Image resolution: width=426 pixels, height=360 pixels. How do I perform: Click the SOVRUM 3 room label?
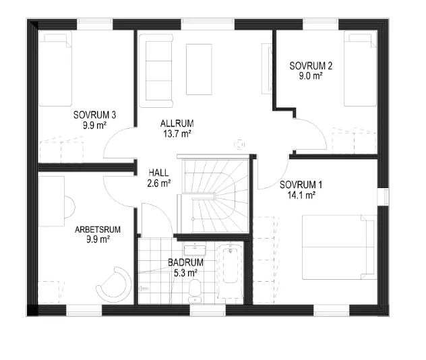pyautogui.click(x=94, y=115)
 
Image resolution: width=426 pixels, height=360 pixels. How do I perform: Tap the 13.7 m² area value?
pyautogui.click(x=177, y=133)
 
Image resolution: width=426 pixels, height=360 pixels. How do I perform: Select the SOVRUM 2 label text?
pyautogui.click(x=311, y=66)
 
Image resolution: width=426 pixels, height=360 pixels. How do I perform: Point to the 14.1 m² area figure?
pyautogui.click(x=301, y=195)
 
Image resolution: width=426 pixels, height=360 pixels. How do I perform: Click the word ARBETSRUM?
pyautogui.click(x=98, y=230)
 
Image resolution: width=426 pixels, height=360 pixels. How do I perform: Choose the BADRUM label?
pyautogui.click(x=185, y=262)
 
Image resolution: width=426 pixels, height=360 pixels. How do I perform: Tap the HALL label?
pyautogui.click(x=158, y=173)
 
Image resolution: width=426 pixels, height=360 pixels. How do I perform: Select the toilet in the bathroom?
pyautogui.click(x=195, y=291)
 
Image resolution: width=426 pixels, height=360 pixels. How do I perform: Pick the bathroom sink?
pyautogui.click(x=195, y=250)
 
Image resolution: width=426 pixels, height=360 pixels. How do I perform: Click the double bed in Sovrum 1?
pyautogui.click(x=339, y=247)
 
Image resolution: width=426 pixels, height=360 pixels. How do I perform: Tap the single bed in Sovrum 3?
pyautogui.click(x=55, y=69)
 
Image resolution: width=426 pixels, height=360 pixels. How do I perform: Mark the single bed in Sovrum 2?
pyautogui.click(x=360, y=69)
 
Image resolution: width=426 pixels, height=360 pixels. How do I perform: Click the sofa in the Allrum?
pyautogui.click(x=156, y=71)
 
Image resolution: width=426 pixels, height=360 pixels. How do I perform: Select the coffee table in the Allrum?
pyautogui.click(x=199, y=69)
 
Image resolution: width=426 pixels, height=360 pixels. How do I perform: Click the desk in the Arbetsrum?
pyautogui.click(x=52, y=201)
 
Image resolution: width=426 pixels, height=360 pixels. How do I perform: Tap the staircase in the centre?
pyautogui.click(x=214, y=196)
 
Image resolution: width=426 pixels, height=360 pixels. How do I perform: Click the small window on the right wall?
pyautogui.click(x=383, y=197)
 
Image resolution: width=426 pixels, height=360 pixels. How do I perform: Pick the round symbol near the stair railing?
pyautogui.click(x=239, y=145)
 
